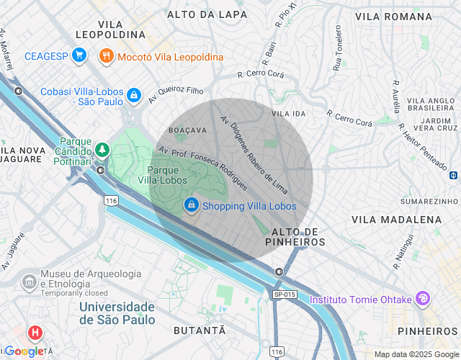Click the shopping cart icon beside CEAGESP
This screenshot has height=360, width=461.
pos(79,55)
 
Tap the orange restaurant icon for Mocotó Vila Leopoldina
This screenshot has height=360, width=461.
pos(107,55)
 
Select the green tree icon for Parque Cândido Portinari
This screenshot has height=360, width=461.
pos(102,150)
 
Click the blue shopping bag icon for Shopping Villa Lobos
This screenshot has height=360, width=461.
pos(191,205)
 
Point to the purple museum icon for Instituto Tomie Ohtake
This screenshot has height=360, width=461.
pos(423,298)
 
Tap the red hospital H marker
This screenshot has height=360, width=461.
pos(35,333)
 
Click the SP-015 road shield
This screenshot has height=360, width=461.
pos(285,294)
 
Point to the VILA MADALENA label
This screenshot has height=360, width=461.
pos(396,219)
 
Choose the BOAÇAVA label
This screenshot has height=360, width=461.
pos(187,130)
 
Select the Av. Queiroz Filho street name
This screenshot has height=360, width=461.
pos(176,94)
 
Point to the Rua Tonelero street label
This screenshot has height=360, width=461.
pos(337,49)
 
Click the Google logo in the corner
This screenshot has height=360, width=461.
pos(23,351)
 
